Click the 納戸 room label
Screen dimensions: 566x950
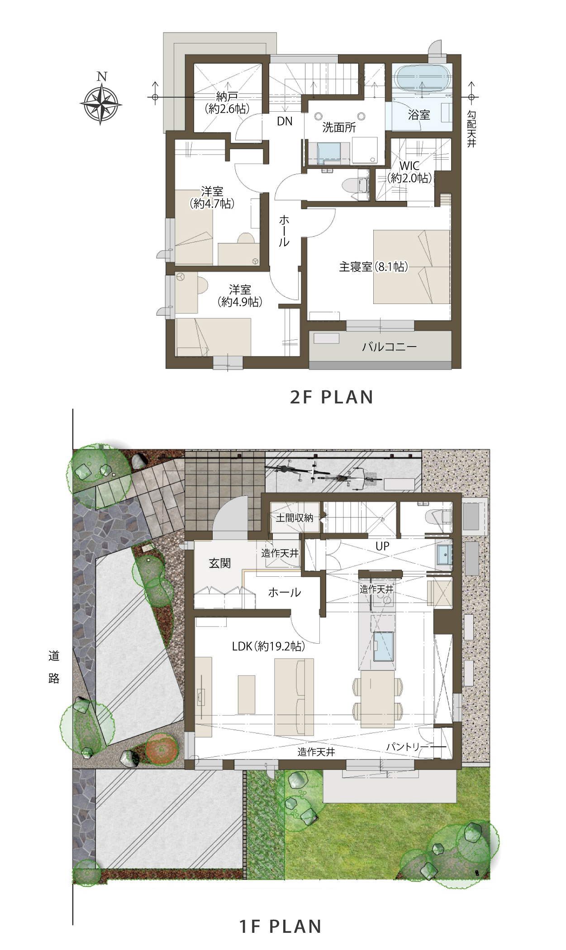[x=227, y=96]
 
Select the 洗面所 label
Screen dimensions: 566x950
[x=339, y=127]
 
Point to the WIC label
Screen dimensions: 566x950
[x=409, y=166]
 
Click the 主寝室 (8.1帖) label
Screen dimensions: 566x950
[x=374, y=267]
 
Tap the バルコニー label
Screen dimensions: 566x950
[x=389, y=347]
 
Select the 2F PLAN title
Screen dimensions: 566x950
[x=332, y=397]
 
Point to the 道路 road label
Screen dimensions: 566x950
[x=54, y=667]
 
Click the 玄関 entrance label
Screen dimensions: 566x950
[x=220, y=563]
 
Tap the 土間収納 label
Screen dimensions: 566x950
[x=295, y=518]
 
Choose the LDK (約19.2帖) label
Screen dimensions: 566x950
[x=268, y=646]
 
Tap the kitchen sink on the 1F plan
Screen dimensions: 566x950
[x=383, y=646]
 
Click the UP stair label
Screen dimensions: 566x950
[x=382, y=546]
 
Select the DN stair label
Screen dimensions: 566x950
[x=285, y=121]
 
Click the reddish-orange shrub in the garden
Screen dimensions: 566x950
[x=161, y=749]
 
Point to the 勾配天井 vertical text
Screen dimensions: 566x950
[x=471, y=129]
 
